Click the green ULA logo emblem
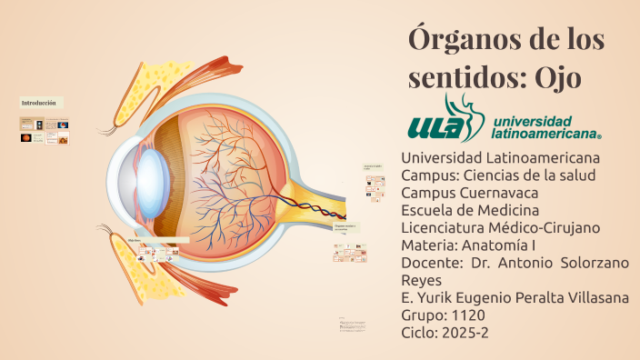click(x=443, y=122)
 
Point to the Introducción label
click(x=39, y=103)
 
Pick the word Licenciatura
click(x=444, y=227)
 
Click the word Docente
click(x=432, y=263)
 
